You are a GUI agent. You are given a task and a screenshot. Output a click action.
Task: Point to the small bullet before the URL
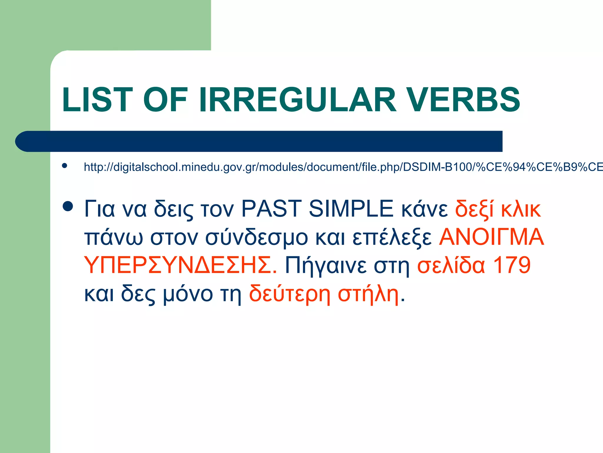(x=64, y=166)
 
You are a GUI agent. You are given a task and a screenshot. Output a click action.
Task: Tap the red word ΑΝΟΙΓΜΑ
(x=491, y=237)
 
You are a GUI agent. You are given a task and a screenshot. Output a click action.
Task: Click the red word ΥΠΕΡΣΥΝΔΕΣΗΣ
(x=180, y=265)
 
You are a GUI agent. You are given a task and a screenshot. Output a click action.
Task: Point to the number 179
(x=511, y=265)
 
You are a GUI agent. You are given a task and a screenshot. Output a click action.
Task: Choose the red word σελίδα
(x=451, y=265)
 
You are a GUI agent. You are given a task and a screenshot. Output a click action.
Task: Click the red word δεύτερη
(x=290, y=294)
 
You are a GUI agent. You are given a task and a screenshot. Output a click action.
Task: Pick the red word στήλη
(x=368, y=294)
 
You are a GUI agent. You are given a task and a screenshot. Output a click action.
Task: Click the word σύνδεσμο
(x=256, y=237)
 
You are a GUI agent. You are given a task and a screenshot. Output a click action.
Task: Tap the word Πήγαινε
(x=326, y=265)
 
